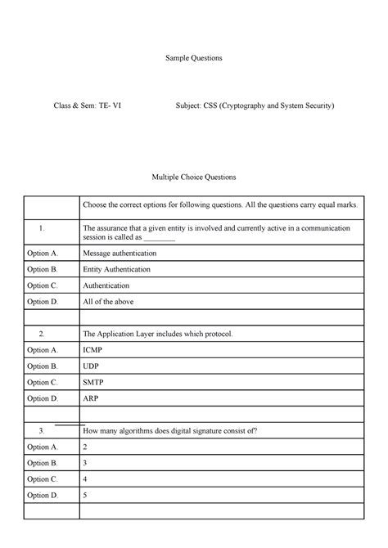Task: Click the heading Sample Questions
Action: pos(194,59)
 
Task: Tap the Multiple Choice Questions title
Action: pos(194,177)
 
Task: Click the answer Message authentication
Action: pos(120,254)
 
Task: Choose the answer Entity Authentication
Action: pos(117,270)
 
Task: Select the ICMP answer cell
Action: pos(92,350)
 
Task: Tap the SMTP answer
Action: pos(93,382)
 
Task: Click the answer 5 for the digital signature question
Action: pos(85,495)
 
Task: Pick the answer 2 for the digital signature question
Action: pos(85,447)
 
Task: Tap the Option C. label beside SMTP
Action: pos(43,382)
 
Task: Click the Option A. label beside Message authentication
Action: pos(43,254)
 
